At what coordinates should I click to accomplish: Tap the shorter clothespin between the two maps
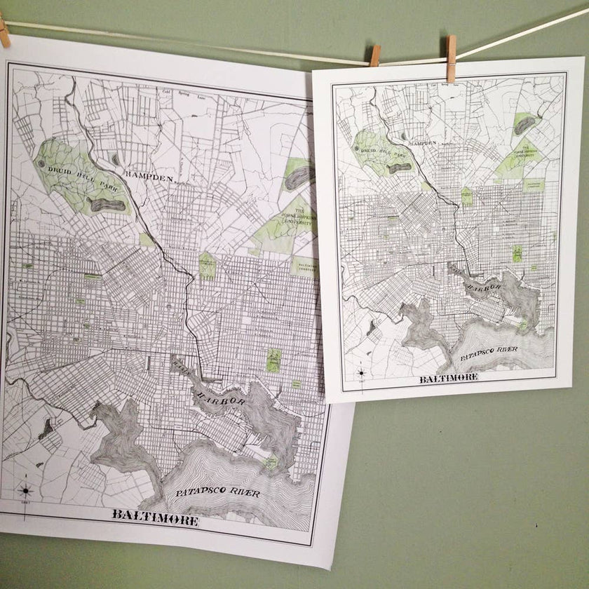click(375, 55)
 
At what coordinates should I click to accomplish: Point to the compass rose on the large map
click(25, 491)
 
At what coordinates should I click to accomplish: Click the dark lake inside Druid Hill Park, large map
click(108, 205)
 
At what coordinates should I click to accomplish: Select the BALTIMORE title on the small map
click(449, 378)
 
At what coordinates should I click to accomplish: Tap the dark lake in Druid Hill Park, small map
click(400, 168)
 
